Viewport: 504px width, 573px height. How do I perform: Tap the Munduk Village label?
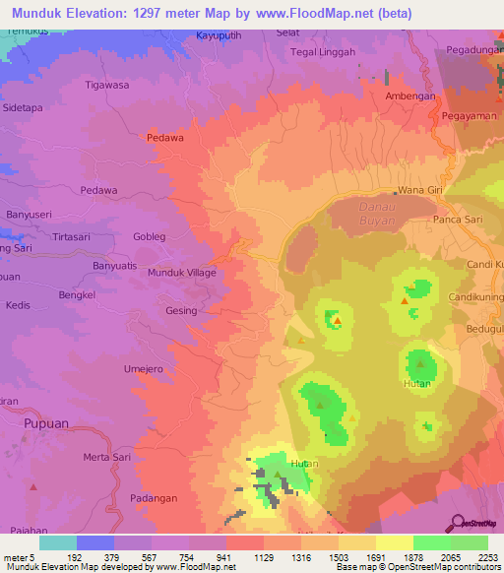[181, 273]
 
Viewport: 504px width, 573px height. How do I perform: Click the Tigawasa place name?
[107, 85]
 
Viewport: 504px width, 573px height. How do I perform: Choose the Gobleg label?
[149, 237]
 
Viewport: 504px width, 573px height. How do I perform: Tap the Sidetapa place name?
[25, 106]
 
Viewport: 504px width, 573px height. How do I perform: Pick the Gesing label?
[181, 310]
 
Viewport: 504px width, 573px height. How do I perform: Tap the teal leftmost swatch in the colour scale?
[58, 542]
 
